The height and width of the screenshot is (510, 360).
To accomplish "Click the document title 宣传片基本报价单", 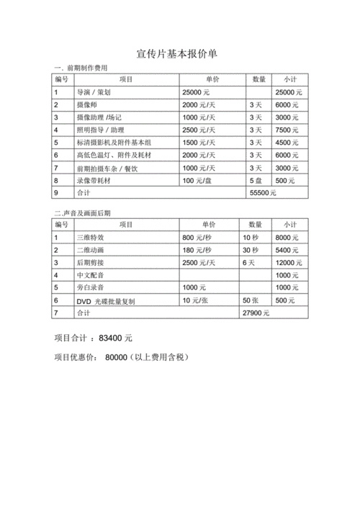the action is (181, 54).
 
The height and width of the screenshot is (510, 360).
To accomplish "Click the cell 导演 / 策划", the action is (93, 92).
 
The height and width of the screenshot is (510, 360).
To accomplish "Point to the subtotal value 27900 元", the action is (256, 313).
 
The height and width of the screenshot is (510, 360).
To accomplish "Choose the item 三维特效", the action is (90, 237).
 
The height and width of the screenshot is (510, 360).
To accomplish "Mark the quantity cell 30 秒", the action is (251, 250).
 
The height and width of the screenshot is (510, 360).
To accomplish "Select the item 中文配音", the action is (90, 275).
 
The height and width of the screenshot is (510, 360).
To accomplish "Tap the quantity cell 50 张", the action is (251, 300).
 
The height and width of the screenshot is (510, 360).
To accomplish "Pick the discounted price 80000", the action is (116, 357).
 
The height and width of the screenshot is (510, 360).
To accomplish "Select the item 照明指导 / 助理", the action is (100, 130).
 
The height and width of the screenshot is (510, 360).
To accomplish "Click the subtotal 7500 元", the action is (288, 130).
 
